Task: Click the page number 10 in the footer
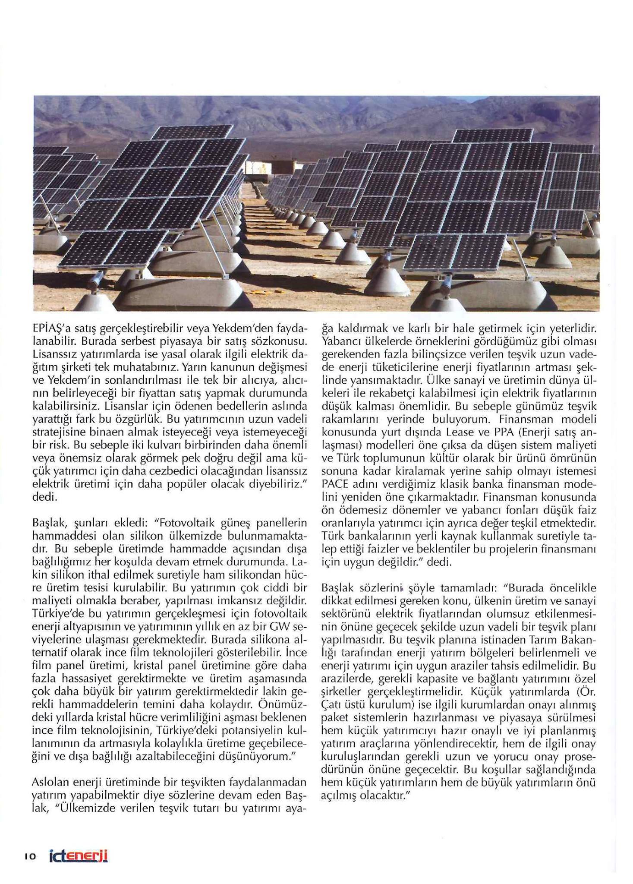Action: [30, 856]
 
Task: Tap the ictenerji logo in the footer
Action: [78, 856]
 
